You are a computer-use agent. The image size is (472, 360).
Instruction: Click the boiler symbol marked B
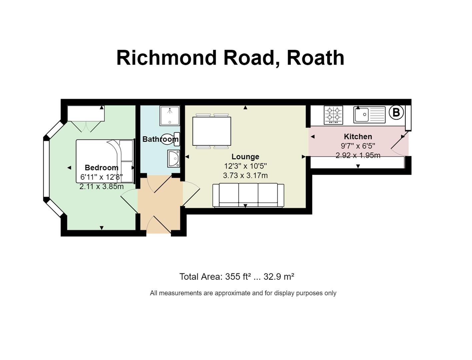pos(396,112)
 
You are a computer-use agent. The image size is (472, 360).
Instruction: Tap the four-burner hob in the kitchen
pos(333,115)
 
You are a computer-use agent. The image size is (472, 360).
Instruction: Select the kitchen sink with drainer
pos(369,115)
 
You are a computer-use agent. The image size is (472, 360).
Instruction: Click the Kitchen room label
pos(358,137)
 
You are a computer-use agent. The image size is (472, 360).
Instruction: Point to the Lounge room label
pos(245,157)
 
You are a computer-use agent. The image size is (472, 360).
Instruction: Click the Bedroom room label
pos(101,168)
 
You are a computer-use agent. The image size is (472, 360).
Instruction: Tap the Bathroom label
pos(160,139)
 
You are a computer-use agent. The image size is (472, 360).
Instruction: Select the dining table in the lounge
pos(212,131)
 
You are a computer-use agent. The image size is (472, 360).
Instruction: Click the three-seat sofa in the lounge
pos(248,195)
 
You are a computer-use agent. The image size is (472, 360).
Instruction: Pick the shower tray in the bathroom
pos(170,115)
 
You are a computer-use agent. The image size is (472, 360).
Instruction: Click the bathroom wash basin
pos(174,159)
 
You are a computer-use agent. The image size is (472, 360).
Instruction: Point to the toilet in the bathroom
pos(170,139)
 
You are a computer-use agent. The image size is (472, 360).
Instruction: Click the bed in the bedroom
pos(105,161)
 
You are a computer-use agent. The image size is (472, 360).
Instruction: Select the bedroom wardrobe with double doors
pos(86,118)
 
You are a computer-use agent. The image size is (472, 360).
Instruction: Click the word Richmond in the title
pos(166,58)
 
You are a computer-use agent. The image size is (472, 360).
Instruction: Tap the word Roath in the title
pos(315,58)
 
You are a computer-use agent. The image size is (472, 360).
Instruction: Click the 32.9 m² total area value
pos(279,277)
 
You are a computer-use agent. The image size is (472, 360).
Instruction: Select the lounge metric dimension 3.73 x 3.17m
pos(245,175)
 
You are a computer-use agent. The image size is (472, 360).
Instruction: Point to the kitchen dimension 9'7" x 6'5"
pos(358,146)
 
